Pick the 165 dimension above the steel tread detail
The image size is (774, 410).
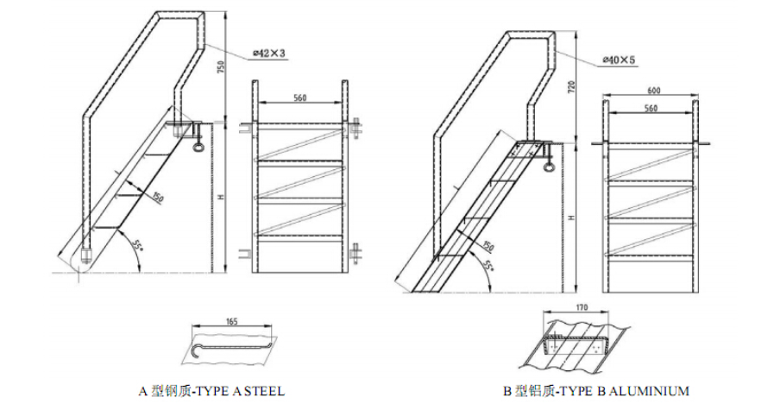click(x=232, y=321)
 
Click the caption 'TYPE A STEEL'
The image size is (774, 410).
click(x=211, y=391)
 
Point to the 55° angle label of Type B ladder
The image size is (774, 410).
click(x=488, y=271)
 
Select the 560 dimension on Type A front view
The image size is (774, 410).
click(x=300, y=98)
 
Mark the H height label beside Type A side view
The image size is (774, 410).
click(x=222, y=197)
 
